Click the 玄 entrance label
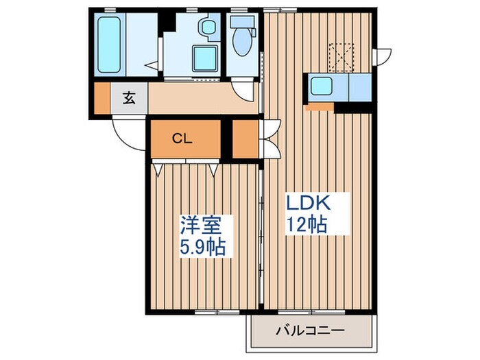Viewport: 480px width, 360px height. (129, 97)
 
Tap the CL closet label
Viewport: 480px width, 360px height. (182, 139)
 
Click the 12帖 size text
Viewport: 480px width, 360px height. (306, 224)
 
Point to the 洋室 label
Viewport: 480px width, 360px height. (197, 224)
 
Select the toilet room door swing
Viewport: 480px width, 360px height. (243, 85)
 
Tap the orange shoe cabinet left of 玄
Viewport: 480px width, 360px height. (101, 97)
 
